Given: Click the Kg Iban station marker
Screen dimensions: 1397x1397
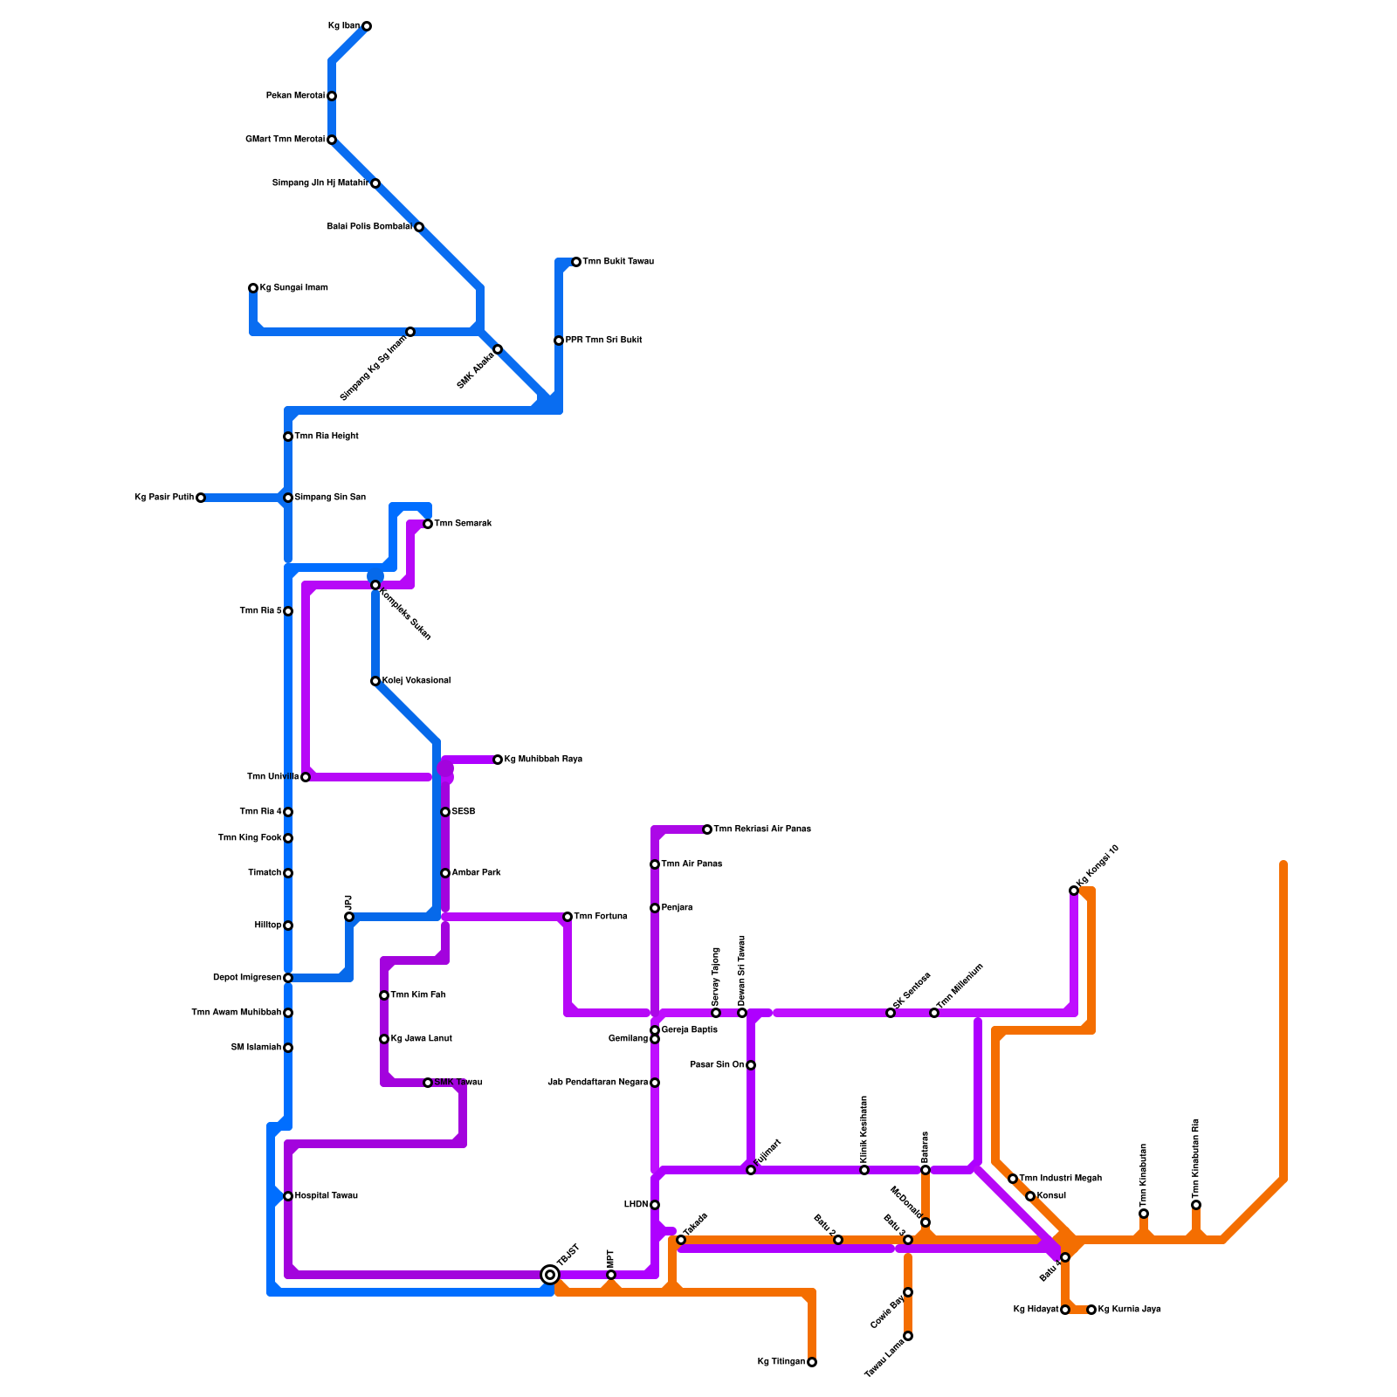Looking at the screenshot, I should click(x=367, y=26).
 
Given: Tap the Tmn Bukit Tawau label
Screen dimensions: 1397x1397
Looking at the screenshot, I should click(x=618, y=262).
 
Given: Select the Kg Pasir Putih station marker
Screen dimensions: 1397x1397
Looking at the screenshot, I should click(x=201, y=498).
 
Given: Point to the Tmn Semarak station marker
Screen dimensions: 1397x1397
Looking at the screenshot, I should click(x=428, y=524).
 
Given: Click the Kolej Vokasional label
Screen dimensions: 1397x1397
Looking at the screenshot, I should click(x=416, y=681).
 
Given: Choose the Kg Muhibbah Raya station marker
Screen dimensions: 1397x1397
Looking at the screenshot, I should click(x=498, y=760).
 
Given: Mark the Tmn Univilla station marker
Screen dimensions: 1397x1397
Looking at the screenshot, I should click(x=306, y=777).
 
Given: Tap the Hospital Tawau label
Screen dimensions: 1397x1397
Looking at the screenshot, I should click(x=326, y=1196).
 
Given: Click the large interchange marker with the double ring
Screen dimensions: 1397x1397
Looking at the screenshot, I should click(x=550, y=1275).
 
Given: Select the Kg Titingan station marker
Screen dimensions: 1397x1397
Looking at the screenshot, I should click(x=812, y=1362).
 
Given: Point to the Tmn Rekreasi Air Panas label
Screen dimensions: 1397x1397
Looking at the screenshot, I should click(x=761, y=829).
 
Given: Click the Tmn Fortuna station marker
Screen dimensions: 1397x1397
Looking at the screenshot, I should click(x=568, y=917).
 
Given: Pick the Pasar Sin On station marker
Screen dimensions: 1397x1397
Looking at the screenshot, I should click(x=751, y=1065).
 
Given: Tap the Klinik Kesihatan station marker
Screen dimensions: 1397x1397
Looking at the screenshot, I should click(x=864, y=1170).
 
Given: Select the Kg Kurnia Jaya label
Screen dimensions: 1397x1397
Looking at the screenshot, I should click(x=1129, y=1310).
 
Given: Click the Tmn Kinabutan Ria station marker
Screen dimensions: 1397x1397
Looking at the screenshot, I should click(x=1196, y=1205).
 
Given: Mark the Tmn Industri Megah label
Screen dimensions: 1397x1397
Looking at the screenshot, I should click(x=1060, y=1179).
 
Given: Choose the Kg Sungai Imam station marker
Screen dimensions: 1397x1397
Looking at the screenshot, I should click(x=253, y=288).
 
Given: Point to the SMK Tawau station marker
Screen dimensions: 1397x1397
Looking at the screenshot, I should click(x=428, y=1083).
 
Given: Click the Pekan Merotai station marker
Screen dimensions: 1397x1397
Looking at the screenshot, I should click(x=332, y=96).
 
